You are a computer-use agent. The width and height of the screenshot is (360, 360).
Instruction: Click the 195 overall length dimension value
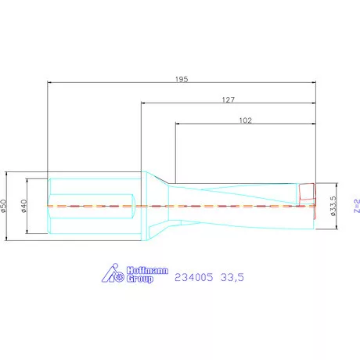[x=182, y=79]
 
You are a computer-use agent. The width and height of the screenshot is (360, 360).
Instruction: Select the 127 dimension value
[x=229, y=99]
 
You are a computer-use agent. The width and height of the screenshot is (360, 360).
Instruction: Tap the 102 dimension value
[x=246, y=121]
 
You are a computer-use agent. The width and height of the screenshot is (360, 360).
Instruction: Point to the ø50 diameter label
[x=3, y=206]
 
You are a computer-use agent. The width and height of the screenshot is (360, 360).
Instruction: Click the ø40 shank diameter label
[x=24, y=206]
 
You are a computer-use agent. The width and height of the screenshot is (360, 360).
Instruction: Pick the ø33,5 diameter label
[x=333, y=206]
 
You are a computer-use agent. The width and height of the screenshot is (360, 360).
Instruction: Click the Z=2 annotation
[x=357, y=206]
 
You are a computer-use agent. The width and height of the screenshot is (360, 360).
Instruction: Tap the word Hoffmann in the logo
[x=147, y=270]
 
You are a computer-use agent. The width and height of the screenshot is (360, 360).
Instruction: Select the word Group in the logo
[x=140, y=279]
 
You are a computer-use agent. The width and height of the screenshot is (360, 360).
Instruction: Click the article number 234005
[x=194, y=277]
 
